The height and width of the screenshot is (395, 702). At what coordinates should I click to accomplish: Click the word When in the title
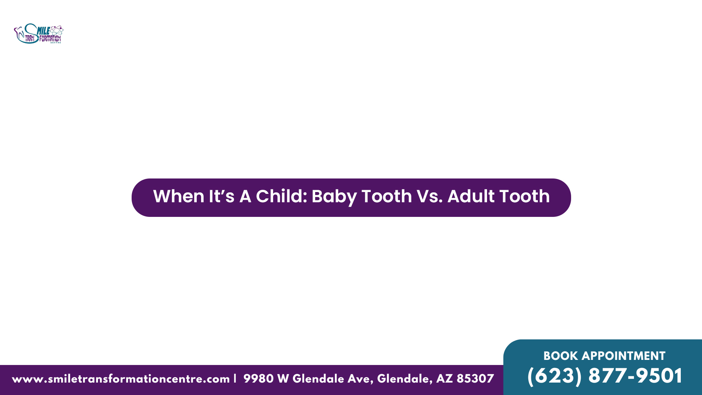[x=178, y=196]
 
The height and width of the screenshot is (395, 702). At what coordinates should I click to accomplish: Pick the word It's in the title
[x=222, y=196]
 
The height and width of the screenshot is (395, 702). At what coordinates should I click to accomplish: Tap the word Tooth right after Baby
[x=387, y=196]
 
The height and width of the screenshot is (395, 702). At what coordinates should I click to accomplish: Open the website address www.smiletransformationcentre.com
[x=121, y=379]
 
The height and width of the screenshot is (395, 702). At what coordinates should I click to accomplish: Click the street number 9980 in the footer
[x=258, y=379]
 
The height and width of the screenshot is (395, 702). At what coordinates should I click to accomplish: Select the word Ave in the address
[x=360, y=379]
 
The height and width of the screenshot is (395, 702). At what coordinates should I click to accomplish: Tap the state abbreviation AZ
[x=444, y=379]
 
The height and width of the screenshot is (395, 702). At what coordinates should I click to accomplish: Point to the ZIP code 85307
[x=475, y=379]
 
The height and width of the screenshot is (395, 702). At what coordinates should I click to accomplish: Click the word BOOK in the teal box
[x=561, y=356]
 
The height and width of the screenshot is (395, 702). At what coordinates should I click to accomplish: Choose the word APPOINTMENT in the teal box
[x=623, y=356]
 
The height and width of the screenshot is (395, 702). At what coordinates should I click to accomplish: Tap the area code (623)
[x=554, y=376]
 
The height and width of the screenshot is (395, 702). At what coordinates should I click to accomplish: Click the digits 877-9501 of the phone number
[x=635, y=376]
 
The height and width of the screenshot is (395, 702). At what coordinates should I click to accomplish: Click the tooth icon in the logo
[x=18, y=33]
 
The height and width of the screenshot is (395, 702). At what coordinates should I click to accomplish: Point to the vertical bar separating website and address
[x=235, y=379]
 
